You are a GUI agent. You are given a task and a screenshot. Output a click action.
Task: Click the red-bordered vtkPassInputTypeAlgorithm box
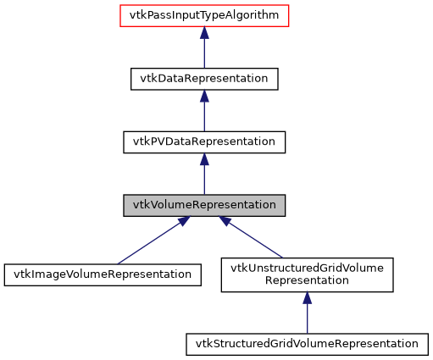[203, 15]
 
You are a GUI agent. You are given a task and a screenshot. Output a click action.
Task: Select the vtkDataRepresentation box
[203, 78]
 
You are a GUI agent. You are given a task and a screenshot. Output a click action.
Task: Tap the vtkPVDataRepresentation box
[203, 141]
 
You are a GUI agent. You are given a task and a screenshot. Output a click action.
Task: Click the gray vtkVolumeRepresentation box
[203, 205]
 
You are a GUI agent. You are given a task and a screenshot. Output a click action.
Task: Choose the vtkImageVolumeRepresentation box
[103, 274]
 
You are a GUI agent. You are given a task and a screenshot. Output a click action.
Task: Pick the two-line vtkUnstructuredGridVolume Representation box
[307, 275]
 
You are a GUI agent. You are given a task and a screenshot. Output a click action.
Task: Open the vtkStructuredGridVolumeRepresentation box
[307, 344]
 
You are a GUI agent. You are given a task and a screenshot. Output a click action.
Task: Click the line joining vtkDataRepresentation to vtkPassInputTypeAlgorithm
[203, 53]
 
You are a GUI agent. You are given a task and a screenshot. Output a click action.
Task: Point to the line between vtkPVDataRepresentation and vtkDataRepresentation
[203, 117]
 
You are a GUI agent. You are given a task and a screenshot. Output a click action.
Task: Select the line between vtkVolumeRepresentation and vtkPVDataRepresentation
[203, 180]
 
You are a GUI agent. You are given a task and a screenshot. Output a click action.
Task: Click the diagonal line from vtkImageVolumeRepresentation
[144, 245]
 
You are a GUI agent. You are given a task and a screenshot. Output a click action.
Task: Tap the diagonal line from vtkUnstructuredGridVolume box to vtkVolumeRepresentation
[258, 241]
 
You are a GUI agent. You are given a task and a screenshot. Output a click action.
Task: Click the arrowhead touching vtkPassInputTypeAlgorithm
[203, 33]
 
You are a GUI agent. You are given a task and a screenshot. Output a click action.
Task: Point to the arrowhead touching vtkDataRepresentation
[203, 96]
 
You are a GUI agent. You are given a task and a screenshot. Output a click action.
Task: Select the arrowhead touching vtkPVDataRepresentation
[203, 159]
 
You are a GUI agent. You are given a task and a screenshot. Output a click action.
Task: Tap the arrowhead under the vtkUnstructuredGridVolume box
[307, 299]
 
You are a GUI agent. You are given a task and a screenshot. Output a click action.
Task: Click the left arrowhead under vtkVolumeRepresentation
[181, 222]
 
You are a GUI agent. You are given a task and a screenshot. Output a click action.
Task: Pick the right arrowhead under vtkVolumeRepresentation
[225, 222]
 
